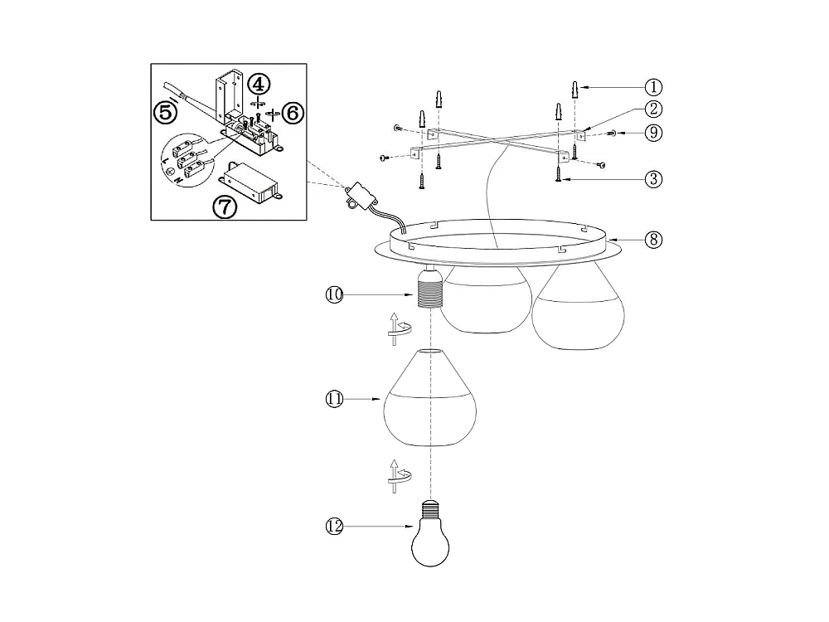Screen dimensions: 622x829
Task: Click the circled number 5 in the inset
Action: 166,111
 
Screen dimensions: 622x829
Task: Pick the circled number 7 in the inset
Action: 225,206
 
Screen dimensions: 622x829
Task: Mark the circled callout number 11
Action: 334,399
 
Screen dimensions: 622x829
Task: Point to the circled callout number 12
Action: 334,526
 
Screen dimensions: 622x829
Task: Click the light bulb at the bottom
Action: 431,537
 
